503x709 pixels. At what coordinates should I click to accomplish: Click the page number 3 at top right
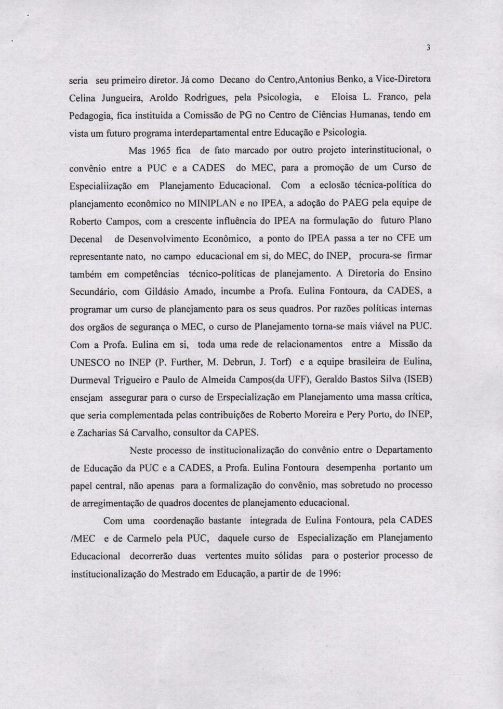[428, 48]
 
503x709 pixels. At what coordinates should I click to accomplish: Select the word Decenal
[86, 239]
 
